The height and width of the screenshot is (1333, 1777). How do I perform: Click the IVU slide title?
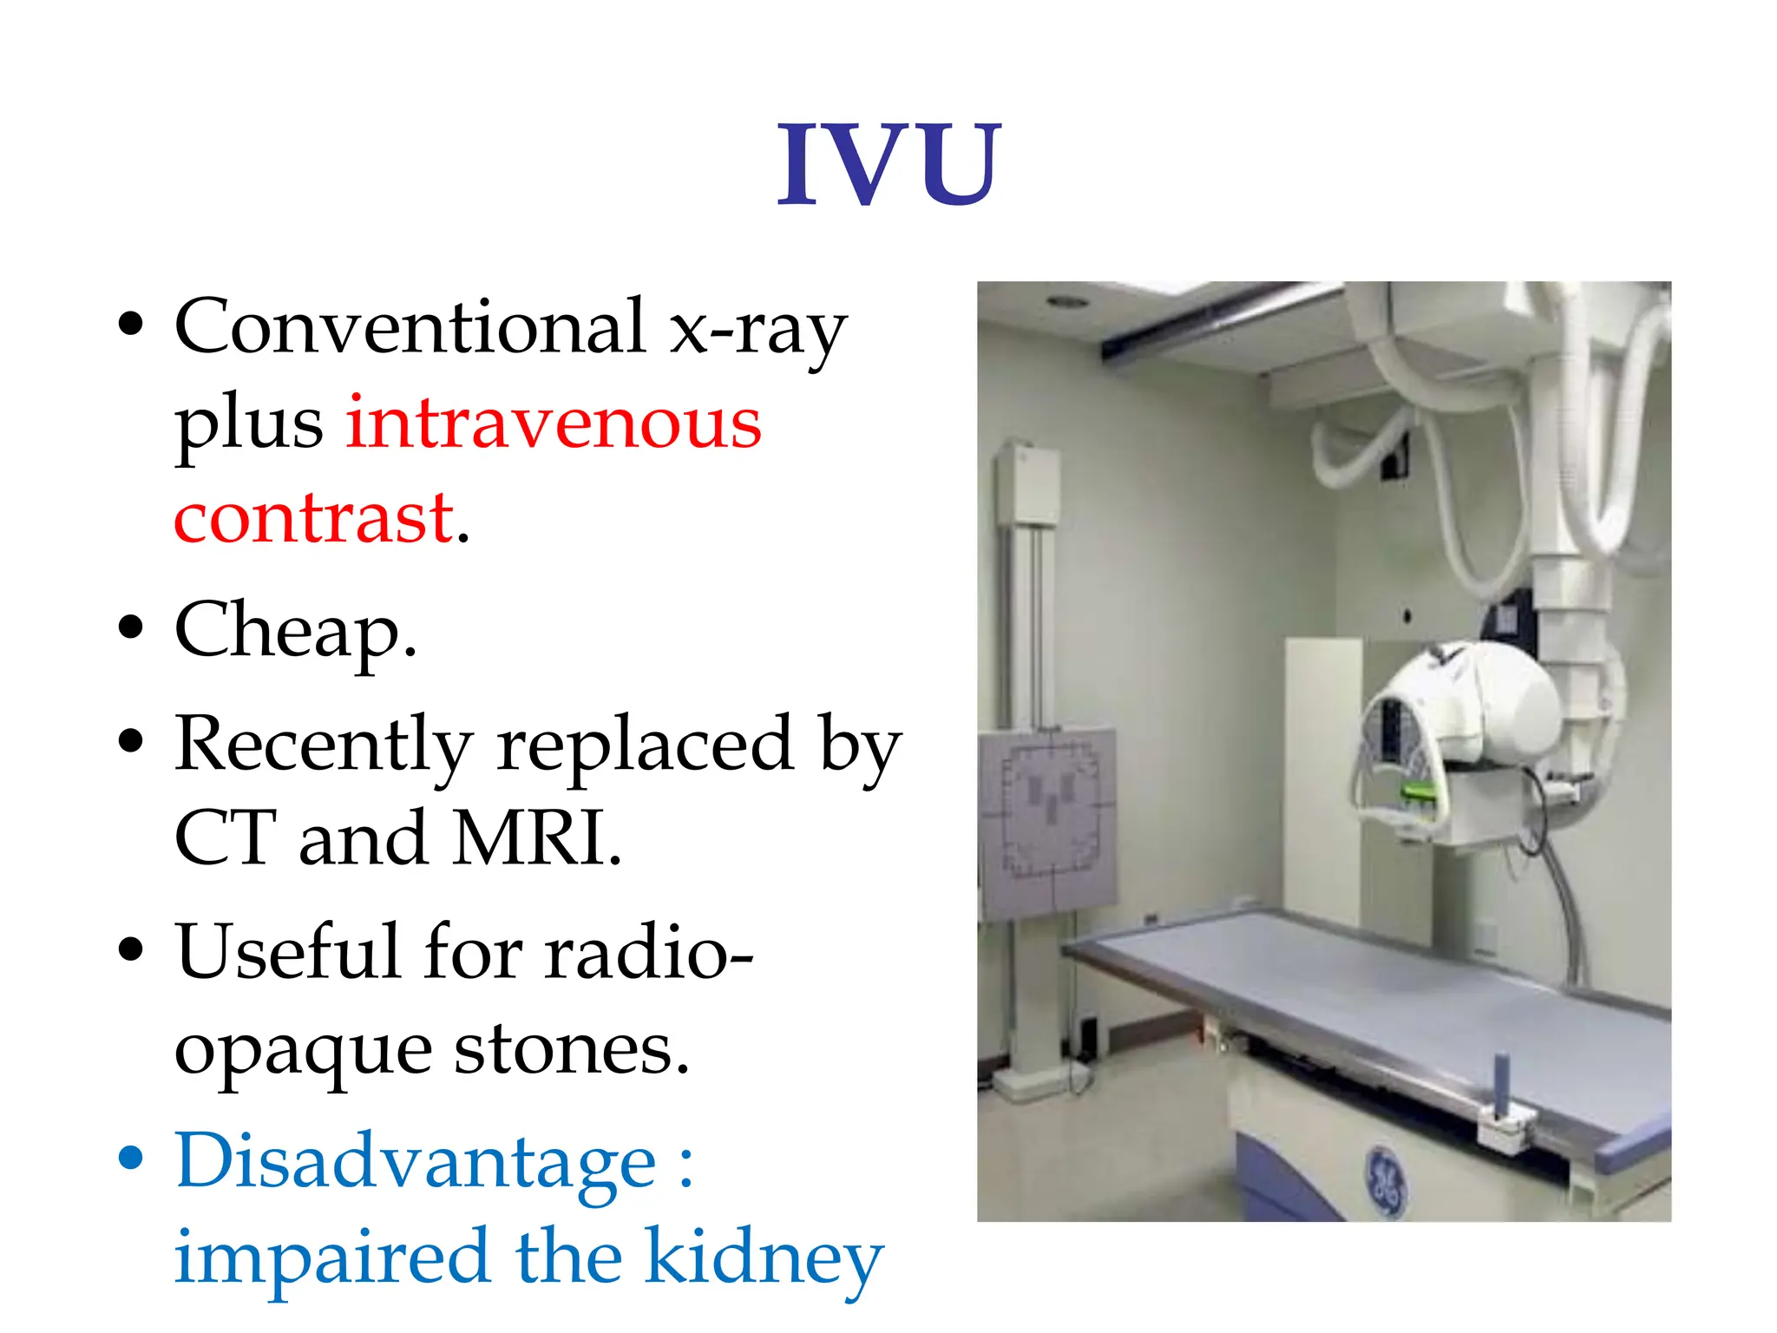coord(888,165)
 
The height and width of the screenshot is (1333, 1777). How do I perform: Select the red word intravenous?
coord(554,423)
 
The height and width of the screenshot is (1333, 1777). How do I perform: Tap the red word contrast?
coord(314,518)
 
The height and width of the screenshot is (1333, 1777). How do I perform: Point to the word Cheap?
coord(295,631)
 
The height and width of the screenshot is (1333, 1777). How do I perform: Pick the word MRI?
coord(535,838)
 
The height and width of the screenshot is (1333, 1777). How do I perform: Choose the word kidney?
coord(764,1258)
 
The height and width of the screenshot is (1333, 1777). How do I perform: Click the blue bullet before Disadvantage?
coord(130,1158)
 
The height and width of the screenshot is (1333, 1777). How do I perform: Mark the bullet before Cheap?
coord(130,627)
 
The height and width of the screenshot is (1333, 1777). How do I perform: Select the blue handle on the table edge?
coord(1501,1085)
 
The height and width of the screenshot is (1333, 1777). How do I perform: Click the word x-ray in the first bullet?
coord(757,330)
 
